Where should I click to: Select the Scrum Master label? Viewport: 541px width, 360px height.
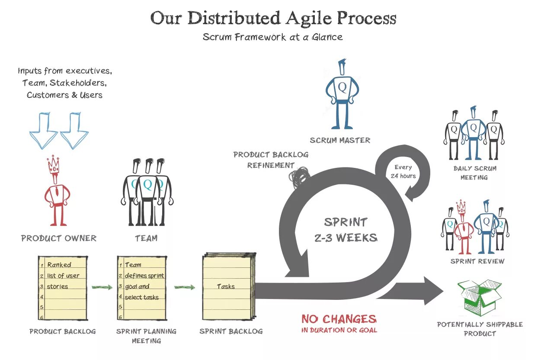pyautogui.click(x=340, y=140)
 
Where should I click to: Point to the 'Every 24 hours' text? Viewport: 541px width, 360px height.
pyautogui.click(x=403, y=171)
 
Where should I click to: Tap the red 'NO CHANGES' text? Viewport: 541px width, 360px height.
pyautogui.click(x=339, y=319)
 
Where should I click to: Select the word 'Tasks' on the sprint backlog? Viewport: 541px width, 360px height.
pyautogui.click(x=226, y=286)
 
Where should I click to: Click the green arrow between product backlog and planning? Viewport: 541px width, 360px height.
pyautogui.click(x=102, y=287)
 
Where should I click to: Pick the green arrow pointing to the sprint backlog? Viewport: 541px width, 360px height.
pyautogui.click(x=185, y=287)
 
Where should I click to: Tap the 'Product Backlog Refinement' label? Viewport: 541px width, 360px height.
pyautogui.click(x=271, y=160)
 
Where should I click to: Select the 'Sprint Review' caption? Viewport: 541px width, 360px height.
pyautogui.click(x=477, y=261)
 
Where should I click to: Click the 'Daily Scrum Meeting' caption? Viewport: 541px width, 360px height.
pyautogui.click(x=474, y=173)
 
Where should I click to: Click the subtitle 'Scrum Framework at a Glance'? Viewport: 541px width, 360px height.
pyautogui.click(x=272, y=37)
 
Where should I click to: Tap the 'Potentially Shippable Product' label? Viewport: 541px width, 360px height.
pyautogui.click(x=480, y=329)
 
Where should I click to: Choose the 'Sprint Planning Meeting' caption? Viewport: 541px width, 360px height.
pyautogui.click(x=146, y=336)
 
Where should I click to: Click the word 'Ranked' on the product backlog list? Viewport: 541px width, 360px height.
pyautogui.click(x=59, y=265)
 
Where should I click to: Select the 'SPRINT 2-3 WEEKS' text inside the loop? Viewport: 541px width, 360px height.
pyautogui.click(x=346, y=230)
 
